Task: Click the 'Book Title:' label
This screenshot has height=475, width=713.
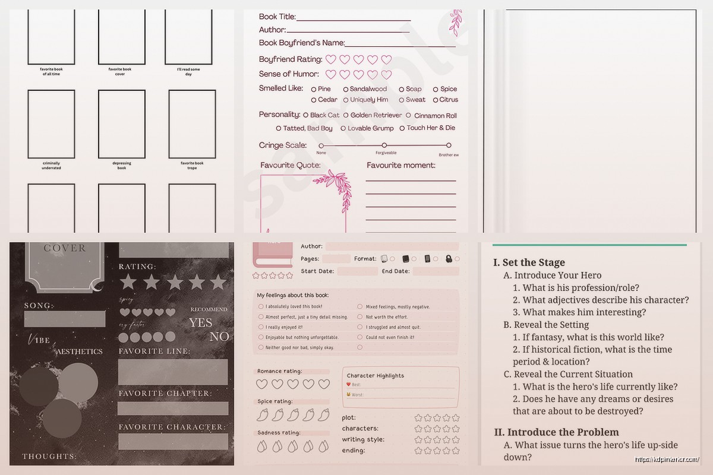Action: (x=277, y=17)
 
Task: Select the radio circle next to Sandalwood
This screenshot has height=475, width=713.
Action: (x=345, y=89)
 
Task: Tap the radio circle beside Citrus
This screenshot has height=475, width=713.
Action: (x=435, y=100)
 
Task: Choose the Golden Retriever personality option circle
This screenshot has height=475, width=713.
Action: (x=346, y=115)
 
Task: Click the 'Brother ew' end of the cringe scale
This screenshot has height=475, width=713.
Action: (x=449, y=145)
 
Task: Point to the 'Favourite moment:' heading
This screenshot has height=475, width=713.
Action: (x=400, y=165)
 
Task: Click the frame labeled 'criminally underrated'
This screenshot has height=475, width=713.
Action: (x=52, y=124)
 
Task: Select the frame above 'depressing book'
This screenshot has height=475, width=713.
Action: (x=122, y=124)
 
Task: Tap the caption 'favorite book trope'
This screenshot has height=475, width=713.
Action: (x=192, y=166)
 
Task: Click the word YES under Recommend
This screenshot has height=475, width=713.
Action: (x=200, y=322)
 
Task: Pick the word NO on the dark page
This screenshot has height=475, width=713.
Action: (x=219, y=337)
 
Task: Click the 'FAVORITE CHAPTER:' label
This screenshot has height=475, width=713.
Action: (x=164, y=394)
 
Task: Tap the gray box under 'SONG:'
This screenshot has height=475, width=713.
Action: (x=64, y=319)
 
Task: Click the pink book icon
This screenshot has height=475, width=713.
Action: (x=273, y=255)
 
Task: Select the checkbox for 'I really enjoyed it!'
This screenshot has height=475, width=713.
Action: (x=261, y=327)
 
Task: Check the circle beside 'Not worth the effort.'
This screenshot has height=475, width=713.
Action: (x=360, y=317)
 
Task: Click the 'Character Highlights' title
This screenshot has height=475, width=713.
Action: (x=375, y=375)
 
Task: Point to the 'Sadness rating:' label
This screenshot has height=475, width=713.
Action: (x=279, y=433)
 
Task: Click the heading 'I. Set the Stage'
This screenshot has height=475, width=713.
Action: (x=529, y=262)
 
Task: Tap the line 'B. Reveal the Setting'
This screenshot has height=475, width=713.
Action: (x=546, y=325)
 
